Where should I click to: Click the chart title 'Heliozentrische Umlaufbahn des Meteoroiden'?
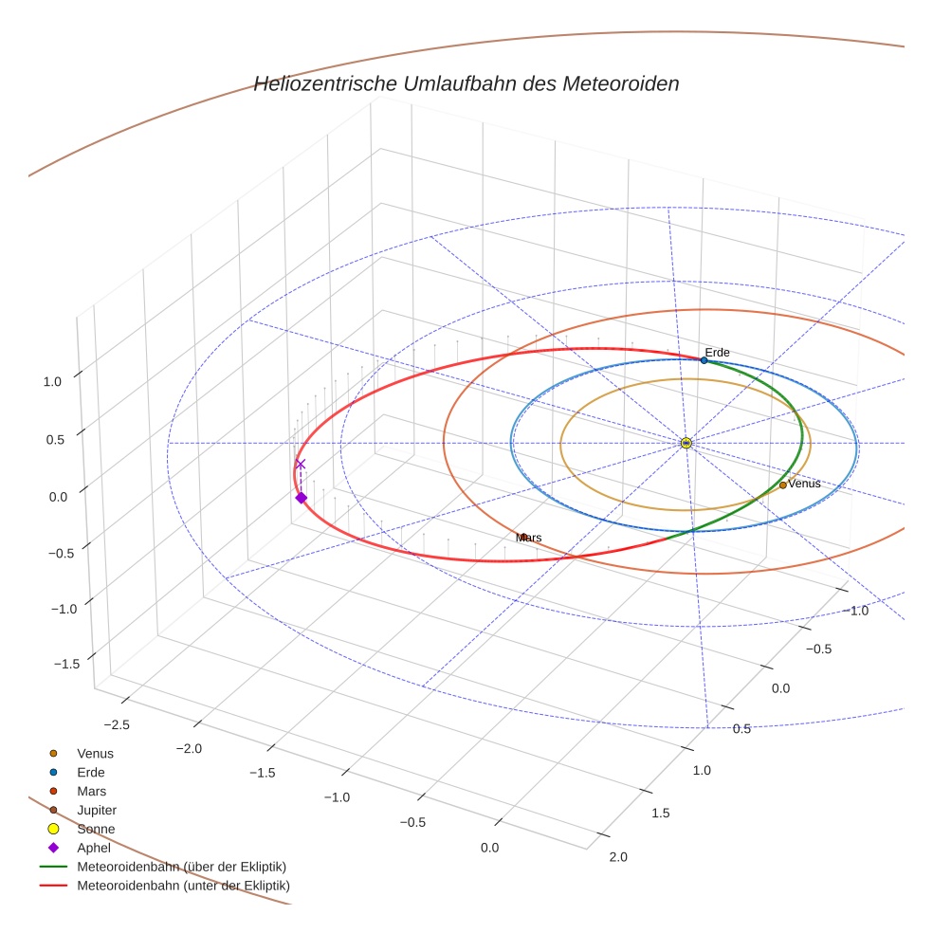point(466,83)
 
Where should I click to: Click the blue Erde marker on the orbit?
point(704,360)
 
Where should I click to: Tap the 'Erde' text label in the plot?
point(717,353)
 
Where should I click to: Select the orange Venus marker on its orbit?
point(782,485)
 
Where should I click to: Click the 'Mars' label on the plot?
point(529,538)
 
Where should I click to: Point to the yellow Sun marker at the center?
point(686,443)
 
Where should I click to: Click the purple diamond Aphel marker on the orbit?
point(301,498)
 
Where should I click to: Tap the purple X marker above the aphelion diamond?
point(301,465)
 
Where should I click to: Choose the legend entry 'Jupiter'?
point(97,810)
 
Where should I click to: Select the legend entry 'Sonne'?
point(96,829)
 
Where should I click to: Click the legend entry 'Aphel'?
point(94,848)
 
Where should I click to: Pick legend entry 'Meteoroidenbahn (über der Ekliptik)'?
point(181,867)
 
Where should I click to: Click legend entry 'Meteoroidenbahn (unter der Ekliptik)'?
point(183,886)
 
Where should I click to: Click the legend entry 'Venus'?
point(95,753)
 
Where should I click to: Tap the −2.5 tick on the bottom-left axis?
point(117,724)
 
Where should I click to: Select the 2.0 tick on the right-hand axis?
point(617,857)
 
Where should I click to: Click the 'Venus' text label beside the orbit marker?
point(805,484)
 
